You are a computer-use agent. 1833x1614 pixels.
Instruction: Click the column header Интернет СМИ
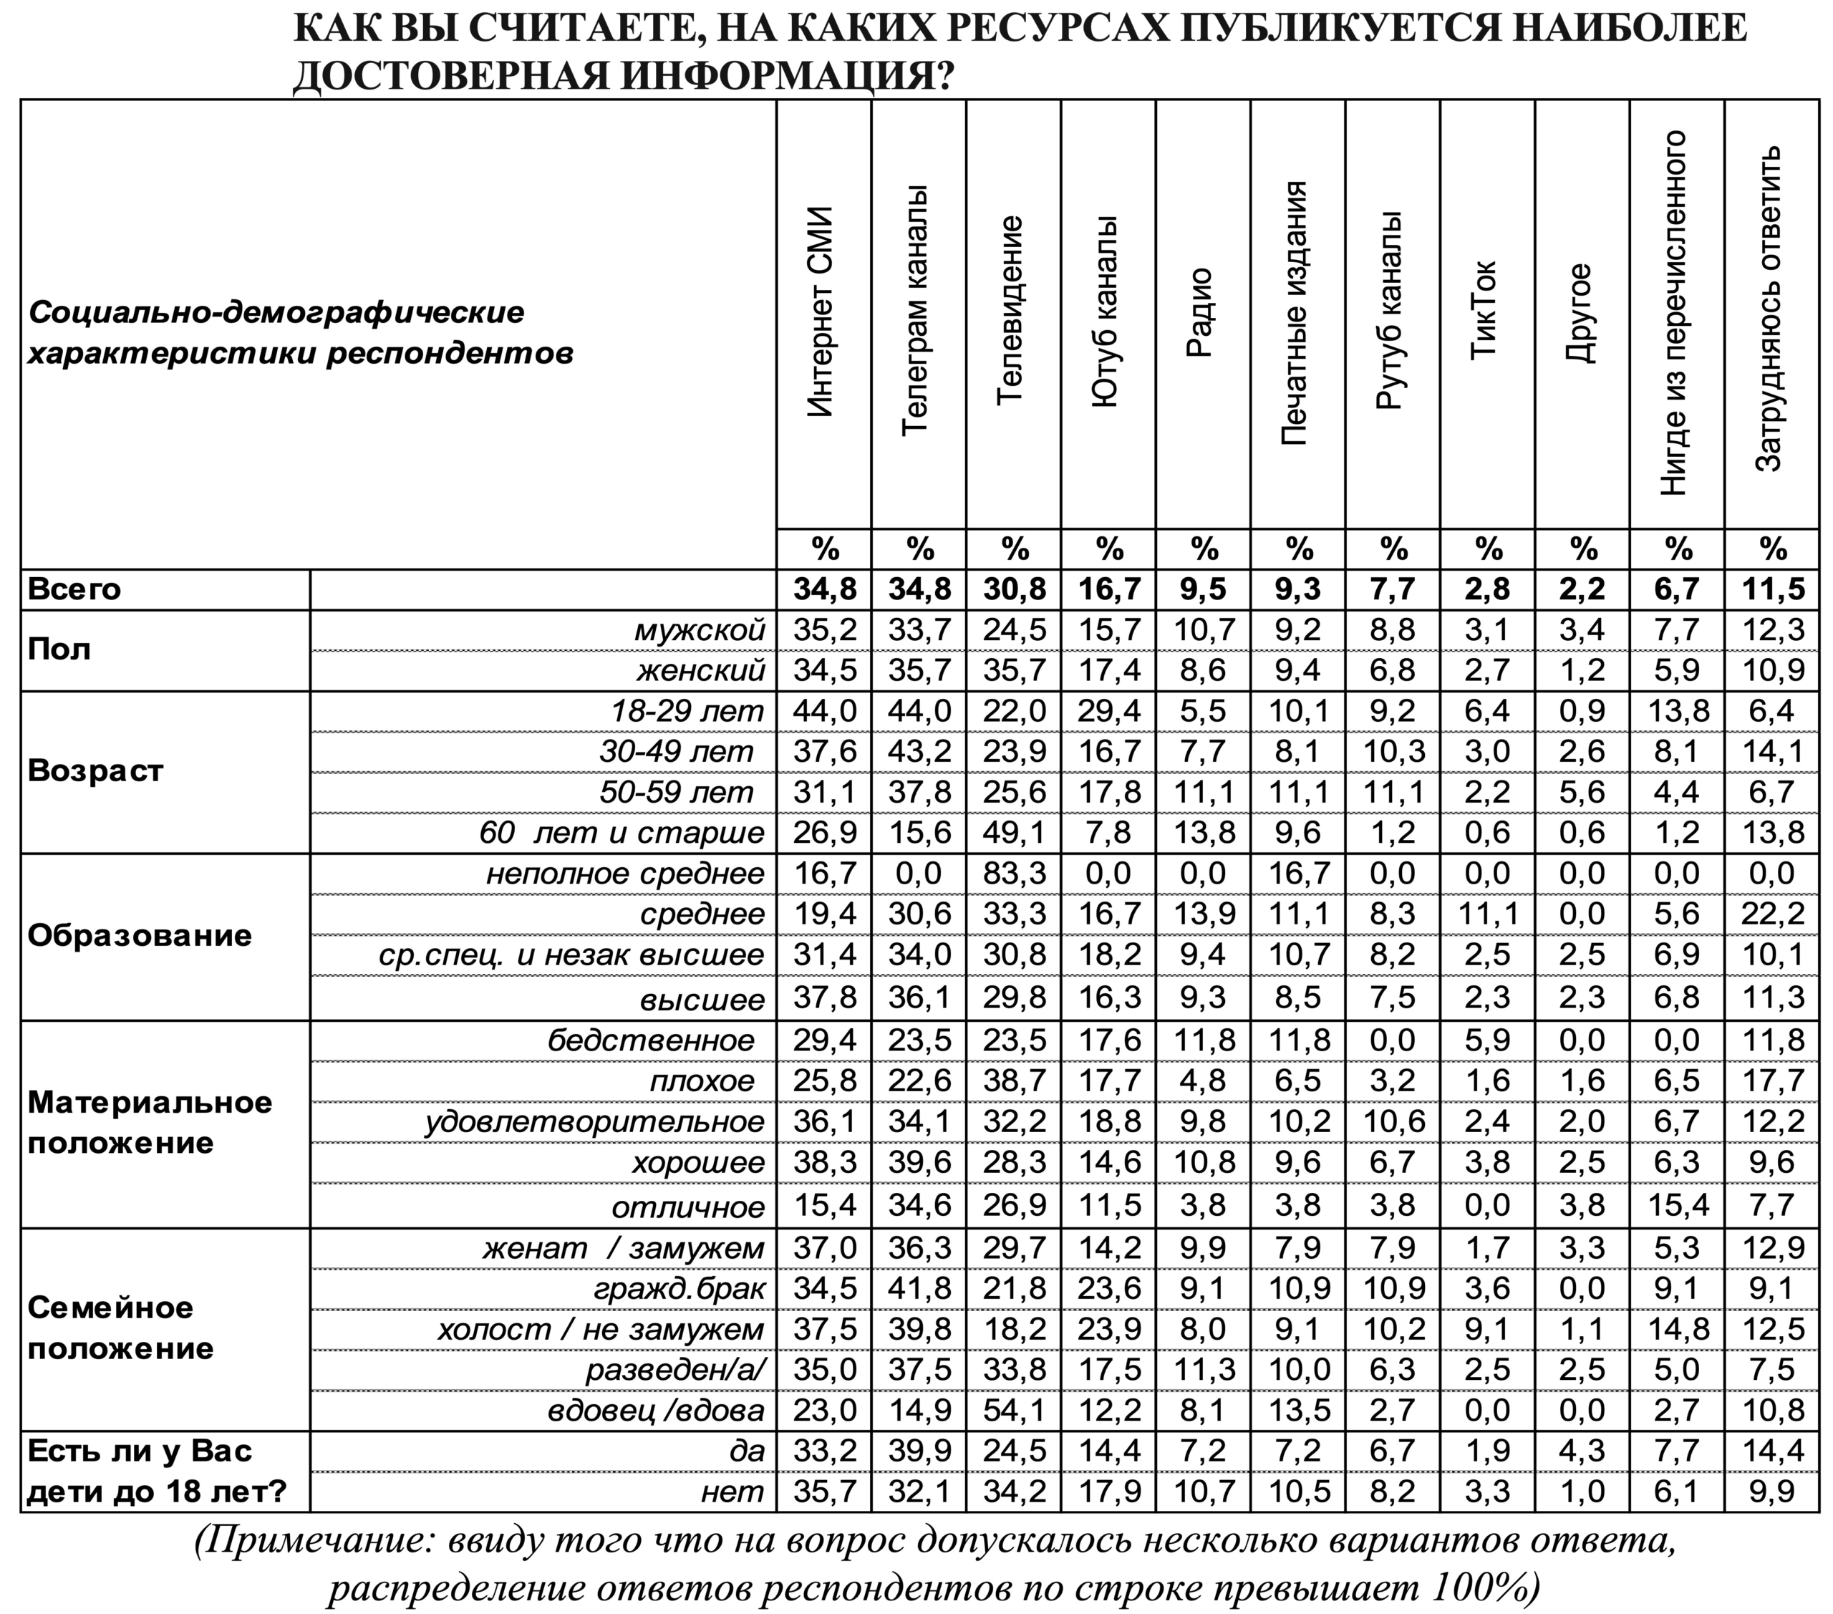821,313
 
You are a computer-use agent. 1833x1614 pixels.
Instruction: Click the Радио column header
1200,313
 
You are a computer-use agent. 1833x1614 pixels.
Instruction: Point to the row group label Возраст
96,771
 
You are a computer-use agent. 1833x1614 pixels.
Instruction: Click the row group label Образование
139,935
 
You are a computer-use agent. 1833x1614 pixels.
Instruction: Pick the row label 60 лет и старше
622,833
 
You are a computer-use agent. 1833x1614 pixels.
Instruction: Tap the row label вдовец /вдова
656,1411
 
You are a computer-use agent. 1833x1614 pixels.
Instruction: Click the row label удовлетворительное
594,1122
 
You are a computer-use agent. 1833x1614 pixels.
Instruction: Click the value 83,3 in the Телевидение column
1015,874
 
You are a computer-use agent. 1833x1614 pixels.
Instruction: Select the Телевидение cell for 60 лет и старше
1015,833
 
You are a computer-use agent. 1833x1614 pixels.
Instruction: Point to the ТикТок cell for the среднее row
1488,914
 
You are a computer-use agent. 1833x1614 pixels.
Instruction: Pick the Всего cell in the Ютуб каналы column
1109,590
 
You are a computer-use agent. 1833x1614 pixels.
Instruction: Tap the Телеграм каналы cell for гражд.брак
919,1288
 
